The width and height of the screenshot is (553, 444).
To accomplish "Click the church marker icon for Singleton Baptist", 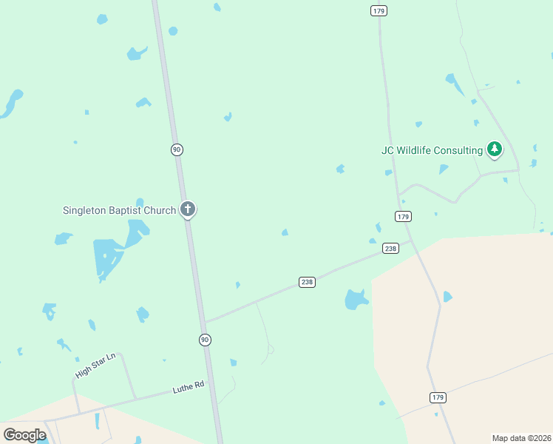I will click(188, 209).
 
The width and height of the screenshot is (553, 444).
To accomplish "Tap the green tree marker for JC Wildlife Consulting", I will click(495, 149).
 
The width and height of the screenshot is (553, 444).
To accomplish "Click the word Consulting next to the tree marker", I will click(458, 150).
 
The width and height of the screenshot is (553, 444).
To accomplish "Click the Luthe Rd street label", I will click(188, 387).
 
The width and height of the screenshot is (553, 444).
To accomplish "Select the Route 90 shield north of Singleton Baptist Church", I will click(177, 149).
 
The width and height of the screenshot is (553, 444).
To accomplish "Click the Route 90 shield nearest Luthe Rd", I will click(205, 340).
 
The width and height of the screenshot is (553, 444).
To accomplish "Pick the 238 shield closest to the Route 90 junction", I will click(308, 282).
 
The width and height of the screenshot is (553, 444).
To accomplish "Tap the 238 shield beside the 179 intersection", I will click(391, 249).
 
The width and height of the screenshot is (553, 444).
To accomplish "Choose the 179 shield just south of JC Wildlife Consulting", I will click(403, 216).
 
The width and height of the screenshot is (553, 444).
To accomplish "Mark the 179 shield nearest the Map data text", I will click(438, 397).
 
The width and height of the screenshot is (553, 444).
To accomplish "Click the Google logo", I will click(24, 435).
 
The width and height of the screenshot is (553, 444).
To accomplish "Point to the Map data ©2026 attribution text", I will click(521, 438).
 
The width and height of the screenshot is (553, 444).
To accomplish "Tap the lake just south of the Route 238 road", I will click(356, 299).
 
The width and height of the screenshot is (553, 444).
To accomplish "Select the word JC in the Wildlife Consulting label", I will click(387, 150).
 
